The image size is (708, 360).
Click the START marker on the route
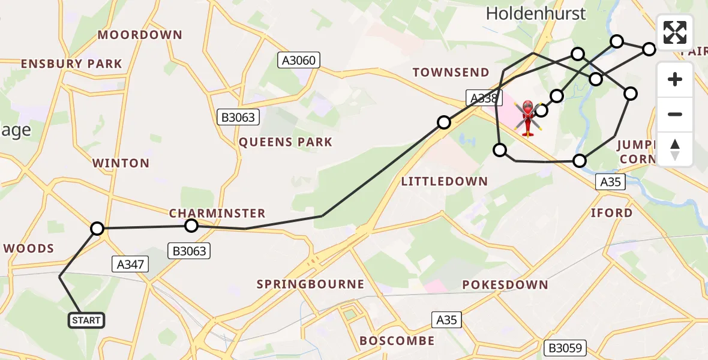pyautogui.click(x=86, y=320)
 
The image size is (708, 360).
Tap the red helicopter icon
pyautogui.click(x=527, y=117)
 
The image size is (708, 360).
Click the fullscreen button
pyautogui.click(x=675, y=32)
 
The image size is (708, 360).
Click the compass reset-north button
pyautogui.click(x=675, y=149)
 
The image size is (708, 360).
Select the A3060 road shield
pyautogui.click(x=299, y=60)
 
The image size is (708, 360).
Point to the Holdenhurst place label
pyautogui.click(x=536, y=13)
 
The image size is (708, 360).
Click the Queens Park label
pyautogui.click(x=285, y=143)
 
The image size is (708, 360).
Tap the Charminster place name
pyautogui.click(x=217, y=214)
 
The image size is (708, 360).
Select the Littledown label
pyautogui.click(x=444, y=182)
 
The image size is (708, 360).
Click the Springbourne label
pyautogui.click(x=310, y=284)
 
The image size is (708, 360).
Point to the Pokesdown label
pyautogui.click(x=505, y=284)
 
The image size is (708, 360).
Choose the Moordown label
pyautogui.click(x=140, y=35)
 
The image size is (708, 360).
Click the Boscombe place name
pyautogui.click(x=397, y=341)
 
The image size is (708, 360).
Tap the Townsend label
pyautogui.click(x=451, y=73)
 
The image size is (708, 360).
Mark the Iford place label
pyautogui.click(x=611, y=213)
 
